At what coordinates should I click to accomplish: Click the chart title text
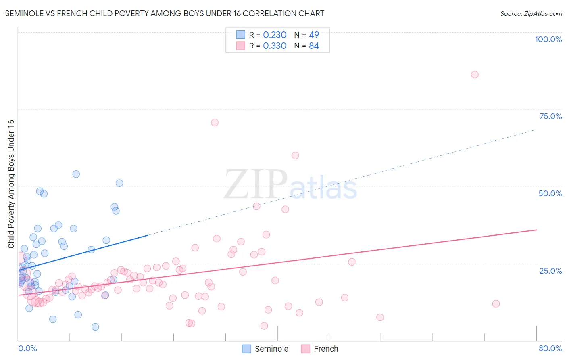pyautogui.click(x=165, y=13)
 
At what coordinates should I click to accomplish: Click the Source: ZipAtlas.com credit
pyautogui.click(x=531, y=13)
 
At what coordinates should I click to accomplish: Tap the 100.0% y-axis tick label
pyautogui.click(x=548, y=39)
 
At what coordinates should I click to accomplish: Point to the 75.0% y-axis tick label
pyautogui.click(x=550, y=116)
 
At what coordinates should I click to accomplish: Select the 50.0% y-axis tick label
pyautogui.click(x=550, y=193)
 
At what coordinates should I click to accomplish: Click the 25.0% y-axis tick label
pyautogui.click(x=550, y=270)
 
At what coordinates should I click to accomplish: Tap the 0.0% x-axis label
pyautogui.click(x=27, y=348)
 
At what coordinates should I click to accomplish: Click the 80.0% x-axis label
pyautogui.click(x=550, y=348)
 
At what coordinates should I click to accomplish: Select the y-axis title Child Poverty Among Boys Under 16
pyautogui.click(x=11, y=184)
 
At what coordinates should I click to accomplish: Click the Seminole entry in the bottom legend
pyautogui.click(x=271, y=349)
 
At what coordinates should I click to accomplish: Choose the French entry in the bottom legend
pyautogui.click(x=325, y=349)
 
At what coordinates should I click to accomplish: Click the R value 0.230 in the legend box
pyautogui.click(x=275, y=35)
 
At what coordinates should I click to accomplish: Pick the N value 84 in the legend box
pyautogui.click(x=314, y=46)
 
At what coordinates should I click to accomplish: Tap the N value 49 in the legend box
pyautogui.click(x=314, y=35)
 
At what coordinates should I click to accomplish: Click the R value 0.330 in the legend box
pyautogui.click(x=275, y=46)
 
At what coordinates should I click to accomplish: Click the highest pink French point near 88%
pyautogui.click(x=475, y=75)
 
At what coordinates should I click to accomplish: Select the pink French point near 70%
pyautogui.click(x=215, y=122)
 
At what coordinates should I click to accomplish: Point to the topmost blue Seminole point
pyautogui.click(x=76, y=174)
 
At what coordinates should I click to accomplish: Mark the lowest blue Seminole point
pyautogui.click(x=95, y=327)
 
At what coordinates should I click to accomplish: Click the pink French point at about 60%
pyautogui.click(x=295, y=155)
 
